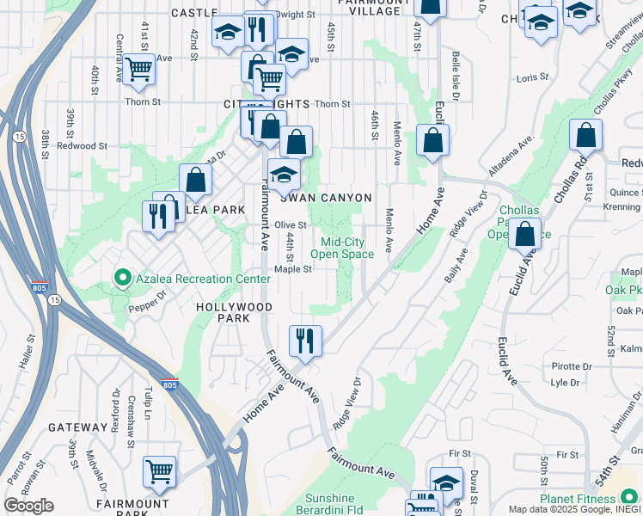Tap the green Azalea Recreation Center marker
coord(121,279)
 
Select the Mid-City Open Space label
coord(342,248)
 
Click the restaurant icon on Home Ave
coord(305,341)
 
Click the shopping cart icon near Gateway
coord(159,471)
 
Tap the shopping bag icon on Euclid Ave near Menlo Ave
coord(432,139)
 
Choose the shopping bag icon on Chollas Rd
coord(585,135)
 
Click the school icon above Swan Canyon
coord(284,174)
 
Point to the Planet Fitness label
coord(579,499)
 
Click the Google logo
coord(28,506)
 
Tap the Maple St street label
coord(292,268)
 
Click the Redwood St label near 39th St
coord(83,146)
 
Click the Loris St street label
coord(533,77)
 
